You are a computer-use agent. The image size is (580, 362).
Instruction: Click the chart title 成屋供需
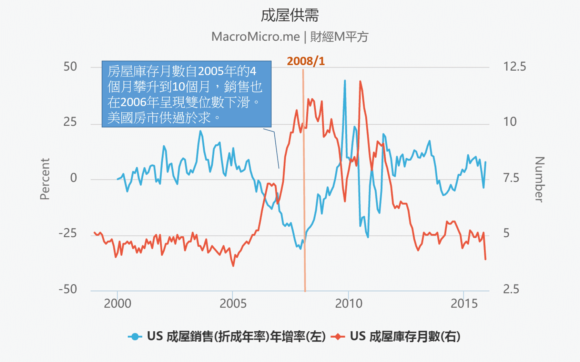(x=289, y=15)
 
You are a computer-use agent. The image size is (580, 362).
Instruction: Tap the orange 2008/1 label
(x=306, y=61)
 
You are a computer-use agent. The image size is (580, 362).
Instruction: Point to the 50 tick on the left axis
(x=70, y=66)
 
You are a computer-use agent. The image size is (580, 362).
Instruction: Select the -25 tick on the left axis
(x=68, y=233)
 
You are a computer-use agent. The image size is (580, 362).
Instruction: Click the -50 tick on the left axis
(x=68, y=289)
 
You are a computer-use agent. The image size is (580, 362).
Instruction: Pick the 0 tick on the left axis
(x=73, y=178)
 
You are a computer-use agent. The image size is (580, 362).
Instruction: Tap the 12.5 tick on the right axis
(x=515, y=66)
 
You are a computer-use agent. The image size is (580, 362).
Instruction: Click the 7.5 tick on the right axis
(x=511, y=178)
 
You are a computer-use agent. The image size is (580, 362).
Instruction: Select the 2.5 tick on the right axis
(x=511, y=289)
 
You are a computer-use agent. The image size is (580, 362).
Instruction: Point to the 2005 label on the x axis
(x=233, y=303)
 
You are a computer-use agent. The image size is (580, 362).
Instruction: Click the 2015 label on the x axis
(x=464, y=303)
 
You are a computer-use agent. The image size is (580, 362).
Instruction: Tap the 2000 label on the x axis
(x=118, y=303)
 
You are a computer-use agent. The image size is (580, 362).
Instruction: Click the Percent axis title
(x=45, y=179)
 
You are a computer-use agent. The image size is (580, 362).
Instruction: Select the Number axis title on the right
(x=539, y=179)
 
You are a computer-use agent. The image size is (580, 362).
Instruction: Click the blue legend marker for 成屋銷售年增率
(x=135, y=337)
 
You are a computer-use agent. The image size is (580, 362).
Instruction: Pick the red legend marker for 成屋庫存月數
(x=338, y=337)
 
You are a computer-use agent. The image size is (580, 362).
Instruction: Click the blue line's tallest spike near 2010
(x=345, y=81)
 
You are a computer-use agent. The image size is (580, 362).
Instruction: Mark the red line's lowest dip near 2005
(x=233, y=266)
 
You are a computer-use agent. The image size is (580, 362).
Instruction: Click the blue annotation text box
(x=186, y=94)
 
